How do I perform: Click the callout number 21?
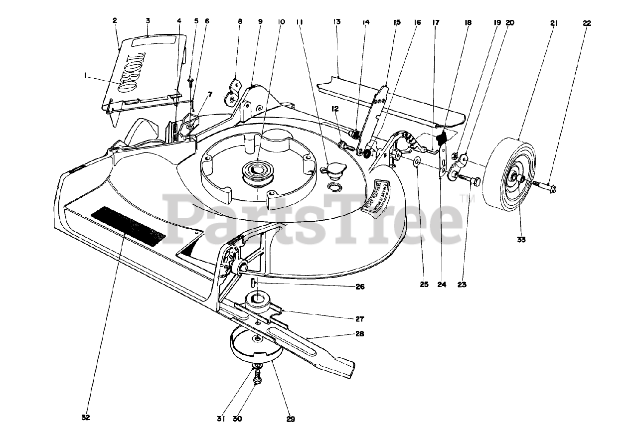(554, 23)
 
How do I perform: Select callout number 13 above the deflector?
(337, 22)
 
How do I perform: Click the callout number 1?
(86, 75)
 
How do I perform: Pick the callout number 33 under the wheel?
(521, 240)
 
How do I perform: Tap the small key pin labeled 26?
(253, 282)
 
